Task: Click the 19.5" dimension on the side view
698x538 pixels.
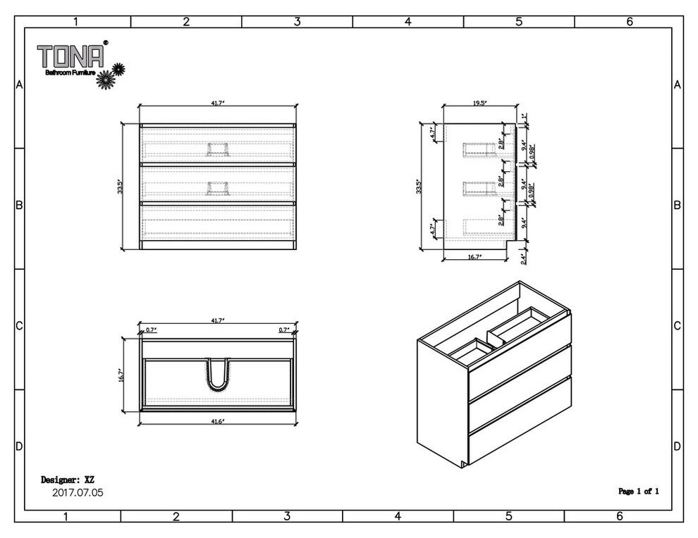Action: (x=479, y=103)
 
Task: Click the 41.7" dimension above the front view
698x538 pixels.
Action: (x=217, y=103)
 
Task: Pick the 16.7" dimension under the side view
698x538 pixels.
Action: (x=474, y=258)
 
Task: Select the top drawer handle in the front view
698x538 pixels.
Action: (x=218, y=148)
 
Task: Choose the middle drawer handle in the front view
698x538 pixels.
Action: (x=218, y=187)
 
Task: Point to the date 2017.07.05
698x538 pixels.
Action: (x=78, y=493)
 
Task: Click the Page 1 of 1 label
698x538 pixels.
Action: (x=638, y=491)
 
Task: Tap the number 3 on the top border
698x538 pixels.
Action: (x=297, y=22)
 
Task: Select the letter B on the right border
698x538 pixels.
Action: (x=676, y=206)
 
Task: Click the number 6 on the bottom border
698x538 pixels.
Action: (x=619, y=516)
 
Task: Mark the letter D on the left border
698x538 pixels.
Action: (x=19, y=447)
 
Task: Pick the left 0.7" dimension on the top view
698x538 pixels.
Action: (x=150, y=330)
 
